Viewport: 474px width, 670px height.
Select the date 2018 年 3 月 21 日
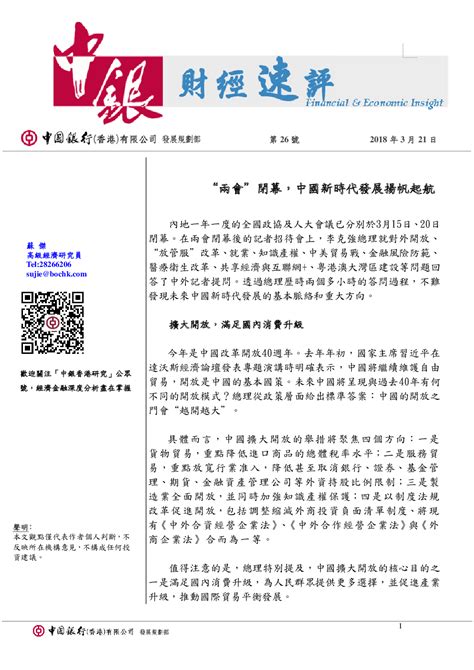[x=411, y=138]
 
